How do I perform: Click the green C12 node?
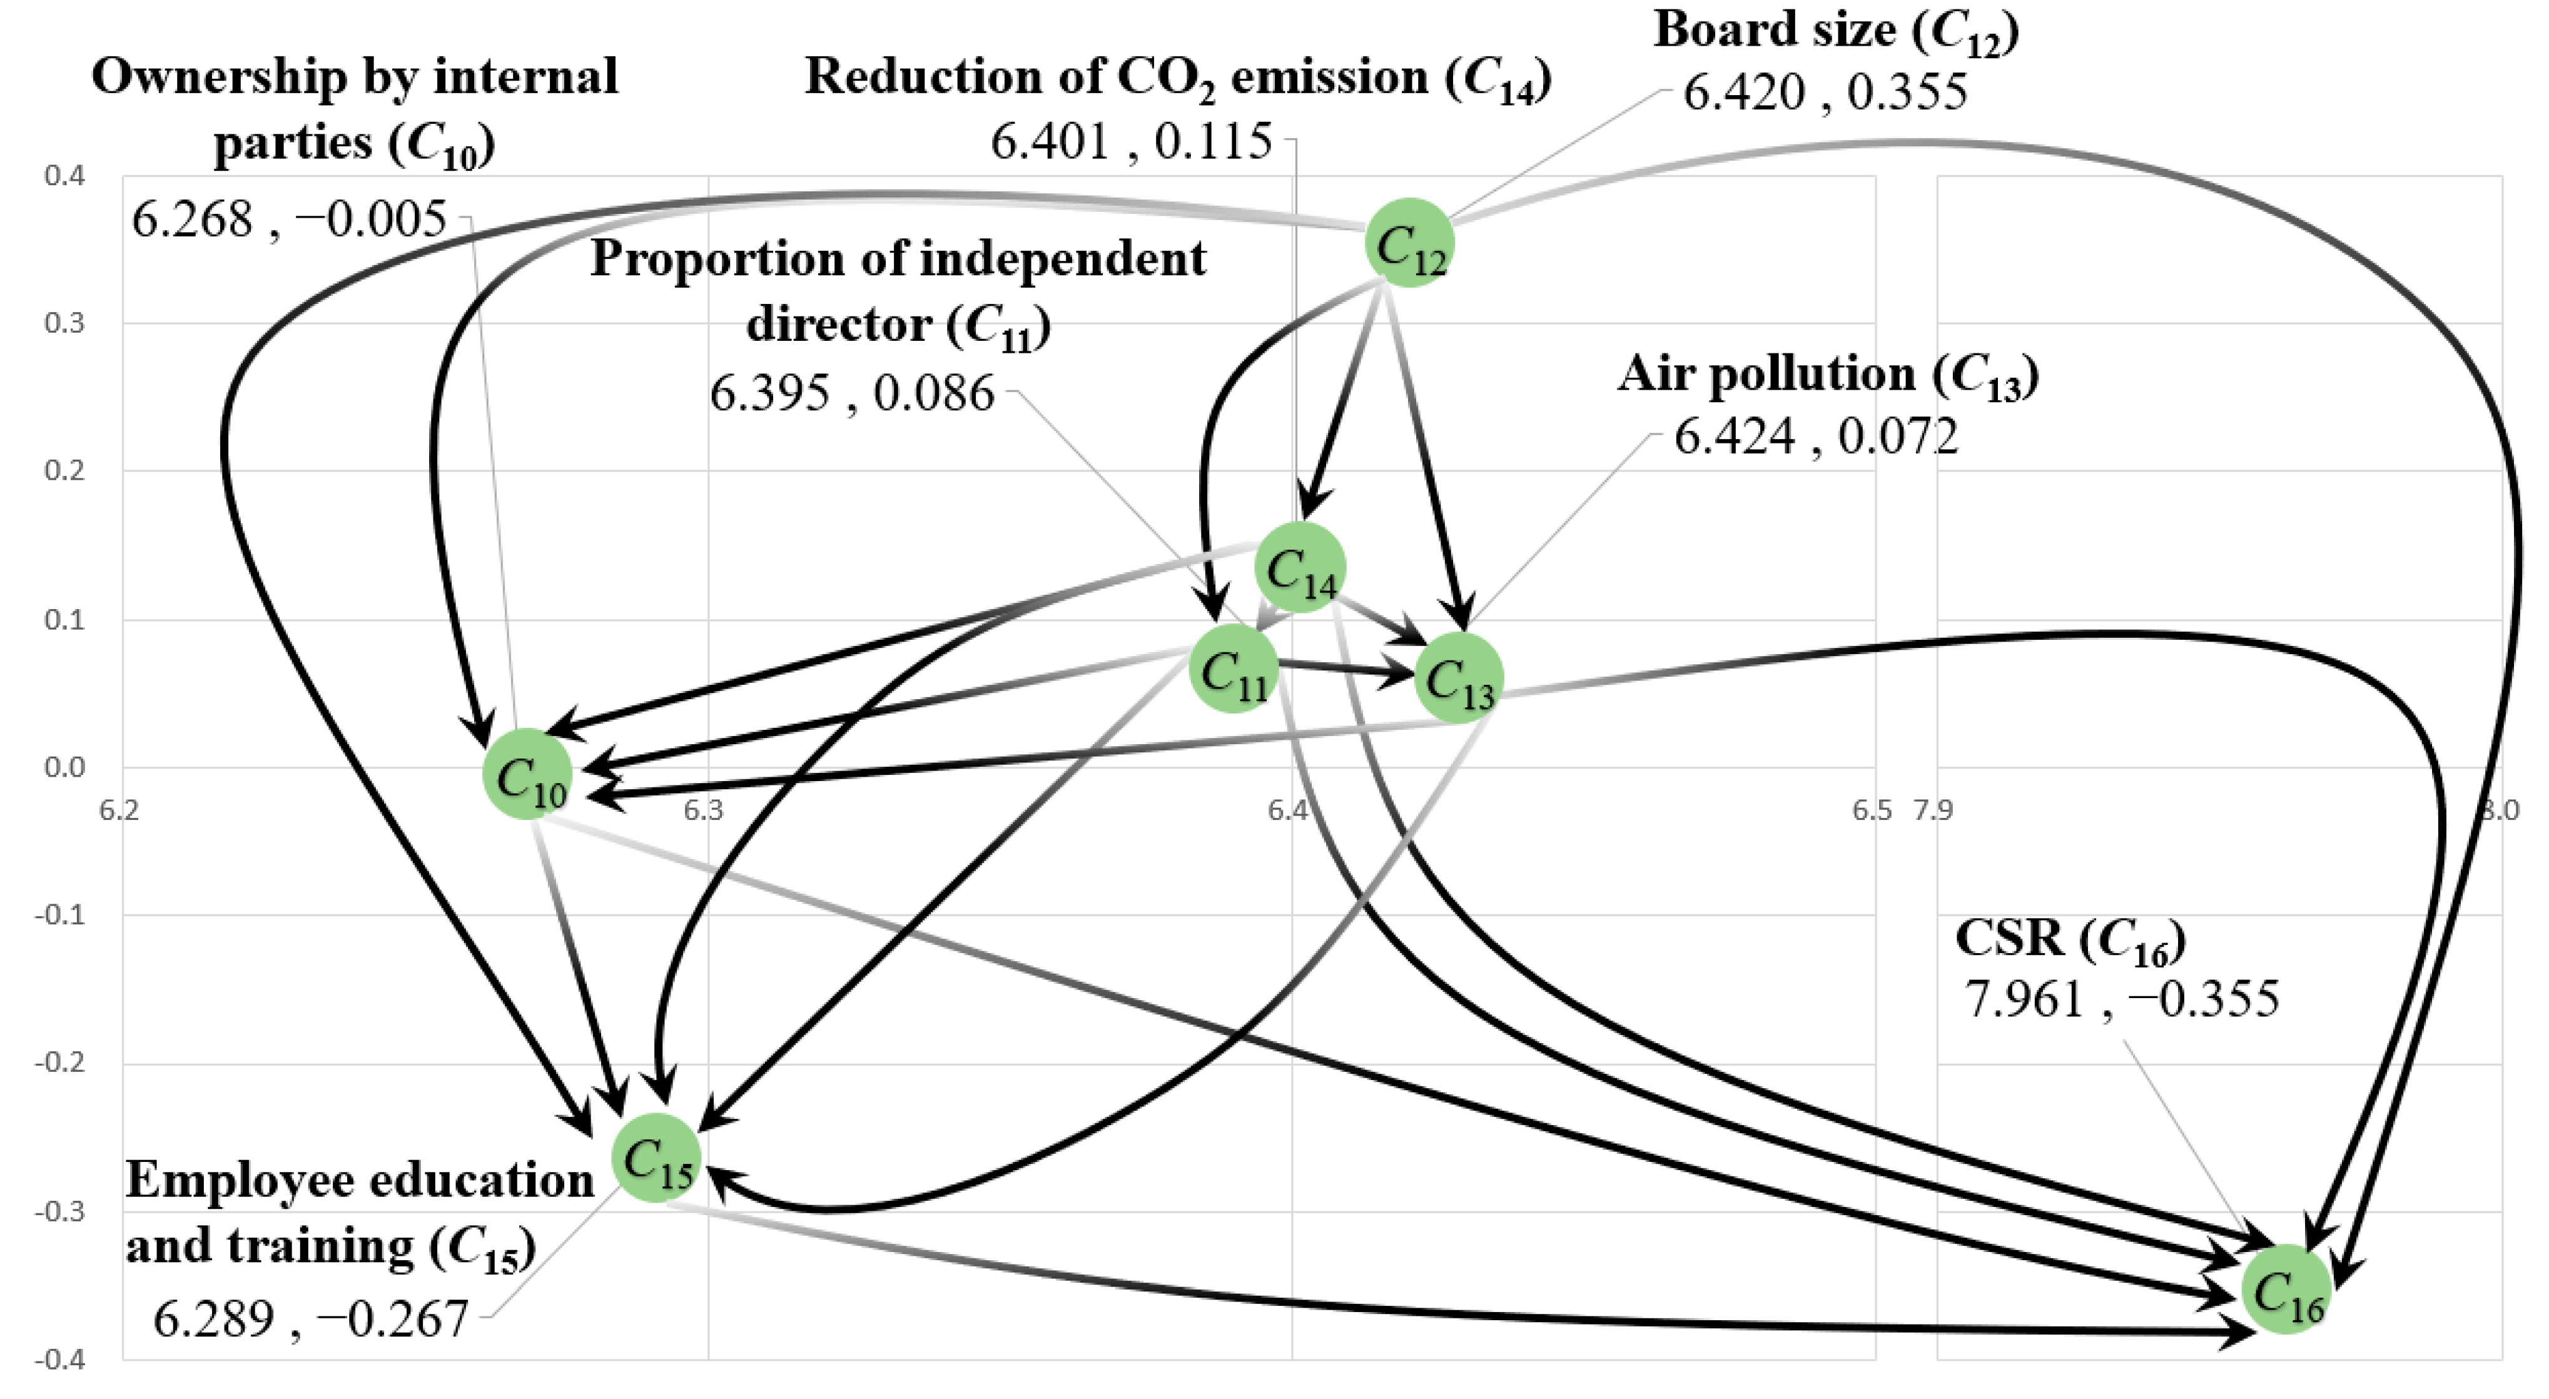(1409, 243)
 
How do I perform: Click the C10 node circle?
(527, 774)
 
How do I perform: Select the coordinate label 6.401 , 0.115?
(1131, 141)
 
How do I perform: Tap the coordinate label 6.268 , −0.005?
(289, 219)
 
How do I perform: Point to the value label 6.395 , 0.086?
(851, 394)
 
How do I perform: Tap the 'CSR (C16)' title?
(2070, 939)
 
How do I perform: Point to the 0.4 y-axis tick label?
(64, 176)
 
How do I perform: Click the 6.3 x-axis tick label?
(704, 811)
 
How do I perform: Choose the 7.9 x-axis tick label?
(1932, 811)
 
